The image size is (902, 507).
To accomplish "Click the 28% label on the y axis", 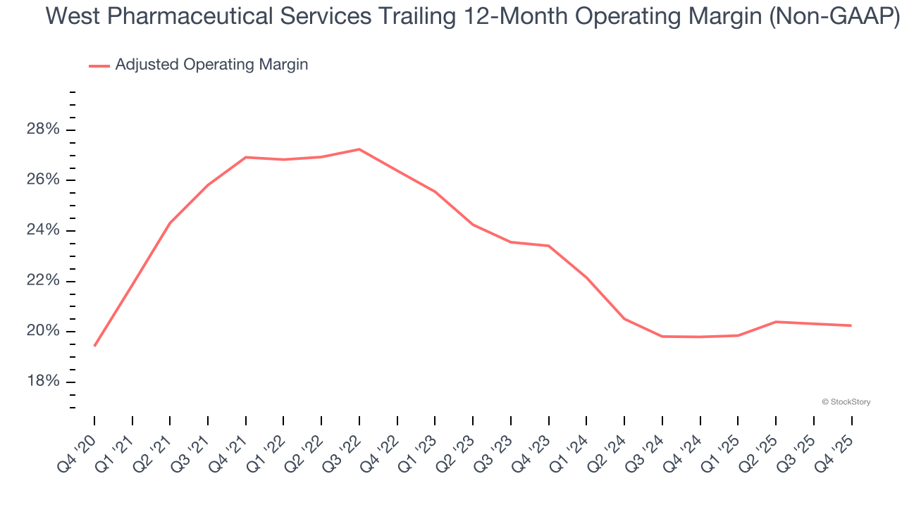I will click(43, 130).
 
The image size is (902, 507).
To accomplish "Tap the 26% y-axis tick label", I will click(43, 180).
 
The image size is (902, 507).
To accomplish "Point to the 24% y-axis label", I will click(43, 231).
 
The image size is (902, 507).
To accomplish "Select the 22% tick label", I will click(43, 281).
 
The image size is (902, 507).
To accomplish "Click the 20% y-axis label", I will click(43, 332).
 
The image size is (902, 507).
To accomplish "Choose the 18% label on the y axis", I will click(43, 382).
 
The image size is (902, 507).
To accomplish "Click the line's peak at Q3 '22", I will click(359, 149).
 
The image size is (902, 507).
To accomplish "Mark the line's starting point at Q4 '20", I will click(94, 346).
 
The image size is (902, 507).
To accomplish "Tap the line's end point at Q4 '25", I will click(851, 325).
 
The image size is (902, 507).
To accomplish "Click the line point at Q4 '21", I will click(246, 157).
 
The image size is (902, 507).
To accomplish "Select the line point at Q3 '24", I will click(662, 337).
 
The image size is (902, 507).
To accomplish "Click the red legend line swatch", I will click(99, 65).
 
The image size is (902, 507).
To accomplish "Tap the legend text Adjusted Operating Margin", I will click(211, 65).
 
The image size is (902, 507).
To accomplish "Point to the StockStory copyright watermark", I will click(846, 402).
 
